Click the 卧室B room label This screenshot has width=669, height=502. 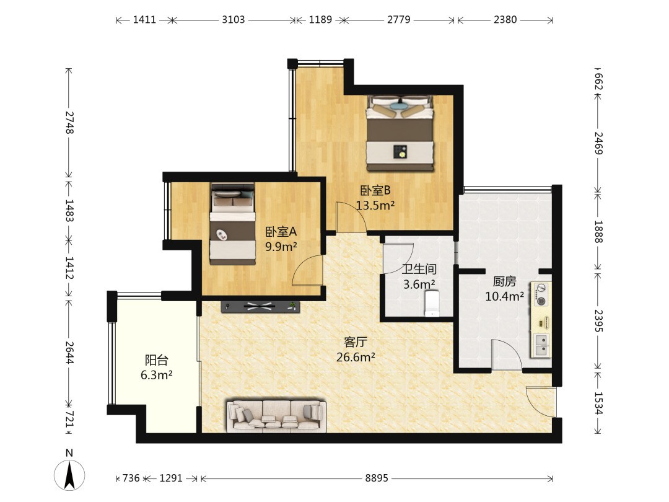pos(375,190)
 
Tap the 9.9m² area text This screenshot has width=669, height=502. pos(281,246)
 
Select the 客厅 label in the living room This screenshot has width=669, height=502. pos(356,342)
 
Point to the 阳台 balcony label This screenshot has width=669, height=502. pos(156,360)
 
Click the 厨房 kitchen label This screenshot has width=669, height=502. pos(504,281)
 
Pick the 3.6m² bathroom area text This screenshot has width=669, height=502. pos(419,284)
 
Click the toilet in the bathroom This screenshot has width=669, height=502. pos(432,304)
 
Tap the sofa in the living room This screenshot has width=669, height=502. pos(276,415)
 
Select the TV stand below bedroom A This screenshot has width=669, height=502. pos(260,306)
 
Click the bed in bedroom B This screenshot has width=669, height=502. pos(400,133)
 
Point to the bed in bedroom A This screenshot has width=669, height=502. pos(232,224)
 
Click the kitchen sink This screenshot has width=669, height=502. pos(541,345)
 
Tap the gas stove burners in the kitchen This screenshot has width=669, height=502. pos(541,294)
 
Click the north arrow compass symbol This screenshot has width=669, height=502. pos(69,474)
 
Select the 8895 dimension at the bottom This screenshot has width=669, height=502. pos(377,478)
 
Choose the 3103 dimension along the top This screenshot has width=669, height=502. pos(234,20)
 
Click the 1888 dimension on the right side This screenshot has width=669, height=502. pos(598,232)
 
